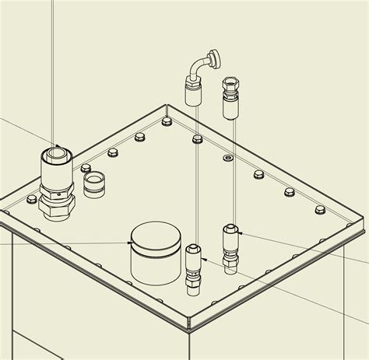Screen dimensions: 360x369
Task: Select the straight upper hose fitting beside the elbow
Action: [x=230, y=96]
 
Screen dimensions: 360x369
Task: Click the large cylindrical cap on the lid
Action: [x=153, y=252]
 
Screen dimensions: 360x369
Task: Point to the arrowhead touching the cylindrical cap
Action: [x=129, y=243]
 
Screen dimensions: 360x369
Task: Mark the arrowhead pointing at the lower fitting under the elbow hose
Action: [x=204, y=259]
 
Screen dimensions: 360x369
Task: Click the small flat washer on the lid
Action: [x=227, y=158]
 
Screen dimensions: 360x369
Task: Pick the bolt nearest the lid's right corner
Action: [x=320, y=210]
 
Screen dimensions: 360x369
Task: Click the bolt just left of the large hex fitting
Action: [x=31, y=200]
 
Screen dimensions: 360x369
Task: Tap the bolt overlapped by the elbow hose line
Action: [x=197, y=140]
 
